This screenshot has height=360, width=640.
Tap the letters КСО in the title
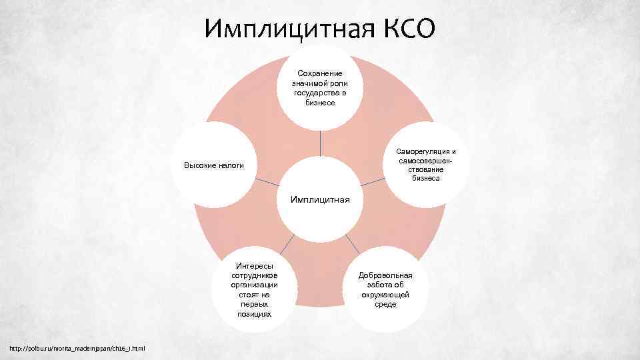410,28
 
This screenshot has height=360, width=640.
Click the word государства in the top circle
320,93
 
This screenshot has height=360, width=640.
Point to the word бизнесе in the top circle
320,103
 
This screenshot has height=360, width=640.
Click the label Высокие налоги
214,165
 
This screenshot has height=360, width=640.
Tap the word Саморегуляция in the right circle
422,151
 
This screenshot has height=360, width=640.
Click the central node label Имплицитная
319,199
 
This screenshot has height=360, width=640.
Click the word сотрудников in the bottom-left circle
254,275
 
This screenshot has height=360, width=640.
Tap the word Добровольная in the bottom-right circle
385,275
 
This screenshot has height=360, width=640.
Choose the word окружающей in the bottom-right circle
385,294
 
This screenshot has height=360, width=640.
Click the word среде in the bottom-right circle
385,304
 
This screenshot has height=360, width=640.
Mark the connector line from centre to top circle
320,143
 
